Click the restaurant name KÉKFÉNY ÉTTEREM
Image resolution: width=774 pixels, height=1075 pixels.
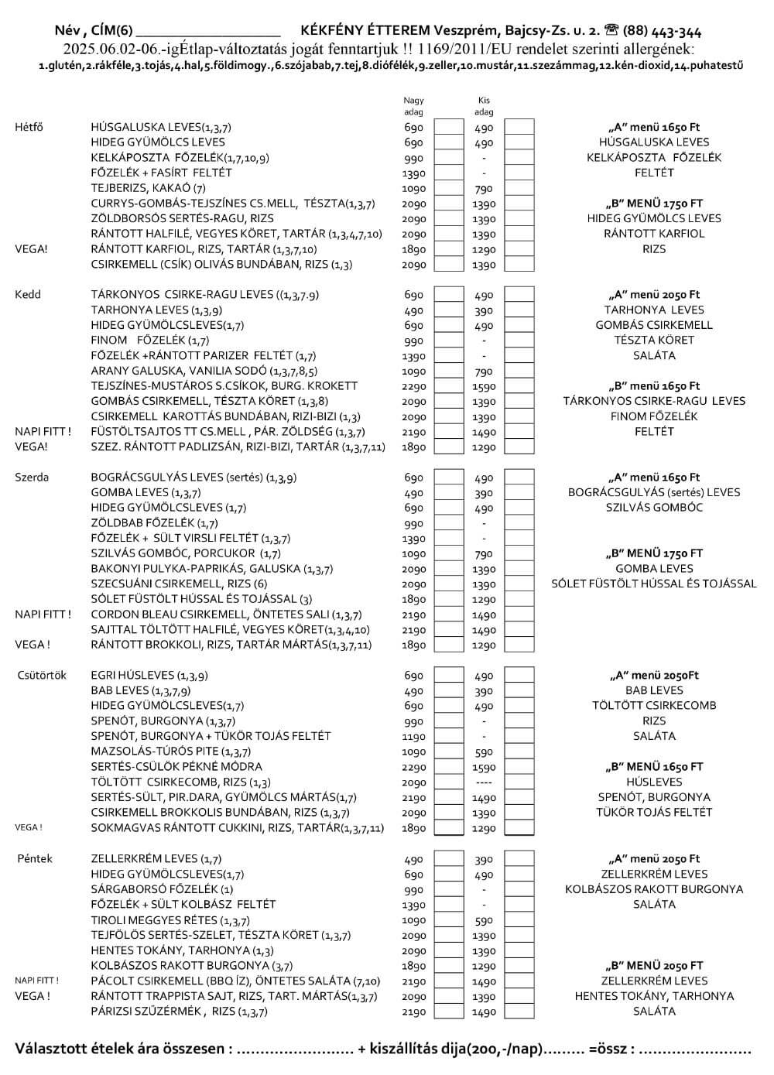tap(365, 31)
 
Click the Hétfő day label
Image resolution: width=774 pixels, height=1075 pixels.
tap(29, 127)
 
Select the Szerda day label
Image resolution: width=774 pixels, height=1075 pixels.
tap(32, 478)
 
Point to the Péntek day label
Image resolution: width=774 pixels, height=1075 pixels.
tap(34, 859)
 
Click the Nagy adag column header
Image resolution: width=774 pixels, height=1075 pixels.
tap(414, 106)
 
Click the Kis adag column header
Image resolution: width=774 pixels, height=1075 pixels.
tap(484, 106)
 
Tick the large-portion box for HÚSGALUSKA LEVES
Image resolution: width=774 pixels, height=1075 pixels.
tap(448, 128)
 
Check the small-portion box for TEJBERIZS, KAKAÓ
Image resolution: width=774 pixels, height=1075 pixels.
tap(519, 189)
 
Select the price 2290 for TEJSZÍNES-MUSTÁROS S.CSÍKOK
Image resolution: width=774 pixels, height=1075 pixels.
tap(414, 386)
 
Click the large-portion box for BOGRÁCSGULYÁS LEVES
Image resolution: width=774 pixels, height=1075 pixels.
tap(448, 478)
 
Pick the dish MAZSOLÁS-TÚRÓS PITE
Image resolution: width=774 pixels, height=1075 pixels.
tap(170, 751)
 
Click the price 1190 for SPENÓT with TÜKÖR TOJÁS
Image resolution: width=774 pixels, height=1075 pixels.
tap(414, 737)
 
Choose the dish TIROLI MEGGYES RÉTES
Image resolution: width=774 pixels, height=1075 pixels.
tap(170, 920)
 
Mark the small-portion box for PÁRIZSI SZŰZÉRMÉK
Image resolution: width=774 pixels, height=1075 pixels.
tap(519, 1012)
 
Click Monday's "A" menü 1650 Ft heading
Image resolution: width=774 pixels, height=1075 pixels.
tap(654, 127)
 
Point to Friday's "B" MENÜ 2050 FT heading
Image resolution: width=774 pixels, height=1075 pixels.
tap(654, 966)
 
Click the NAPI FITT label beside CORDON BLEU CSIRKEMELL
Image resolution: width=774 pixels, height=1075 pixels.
tap(43, 615)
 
